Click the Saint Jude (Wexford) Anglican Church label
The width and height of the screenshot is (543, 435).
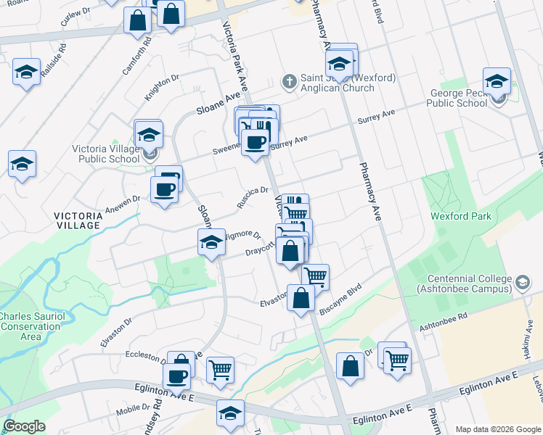pyautogui.click(x=338, y=83)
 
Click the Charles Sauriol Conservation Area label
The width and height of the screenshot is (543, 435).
pyautogui.click(x=30, y=326)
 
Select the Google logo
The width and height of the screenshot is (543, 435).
pyautogui.click(x=24, y=426)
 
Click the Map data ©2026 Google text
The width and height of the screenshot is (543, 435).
pyautogui.click(x=497, y=429)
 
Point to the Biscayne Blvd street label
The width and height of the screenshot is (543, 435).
pyautogui.click(x=340, y=299)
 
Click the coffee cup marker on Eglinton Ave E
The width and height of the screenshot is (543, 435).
pyautogui.click(x=176, y=376)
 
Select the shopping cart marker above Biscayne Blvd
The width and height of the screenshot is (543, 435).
pyautogui.click(x=314, y=276)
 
